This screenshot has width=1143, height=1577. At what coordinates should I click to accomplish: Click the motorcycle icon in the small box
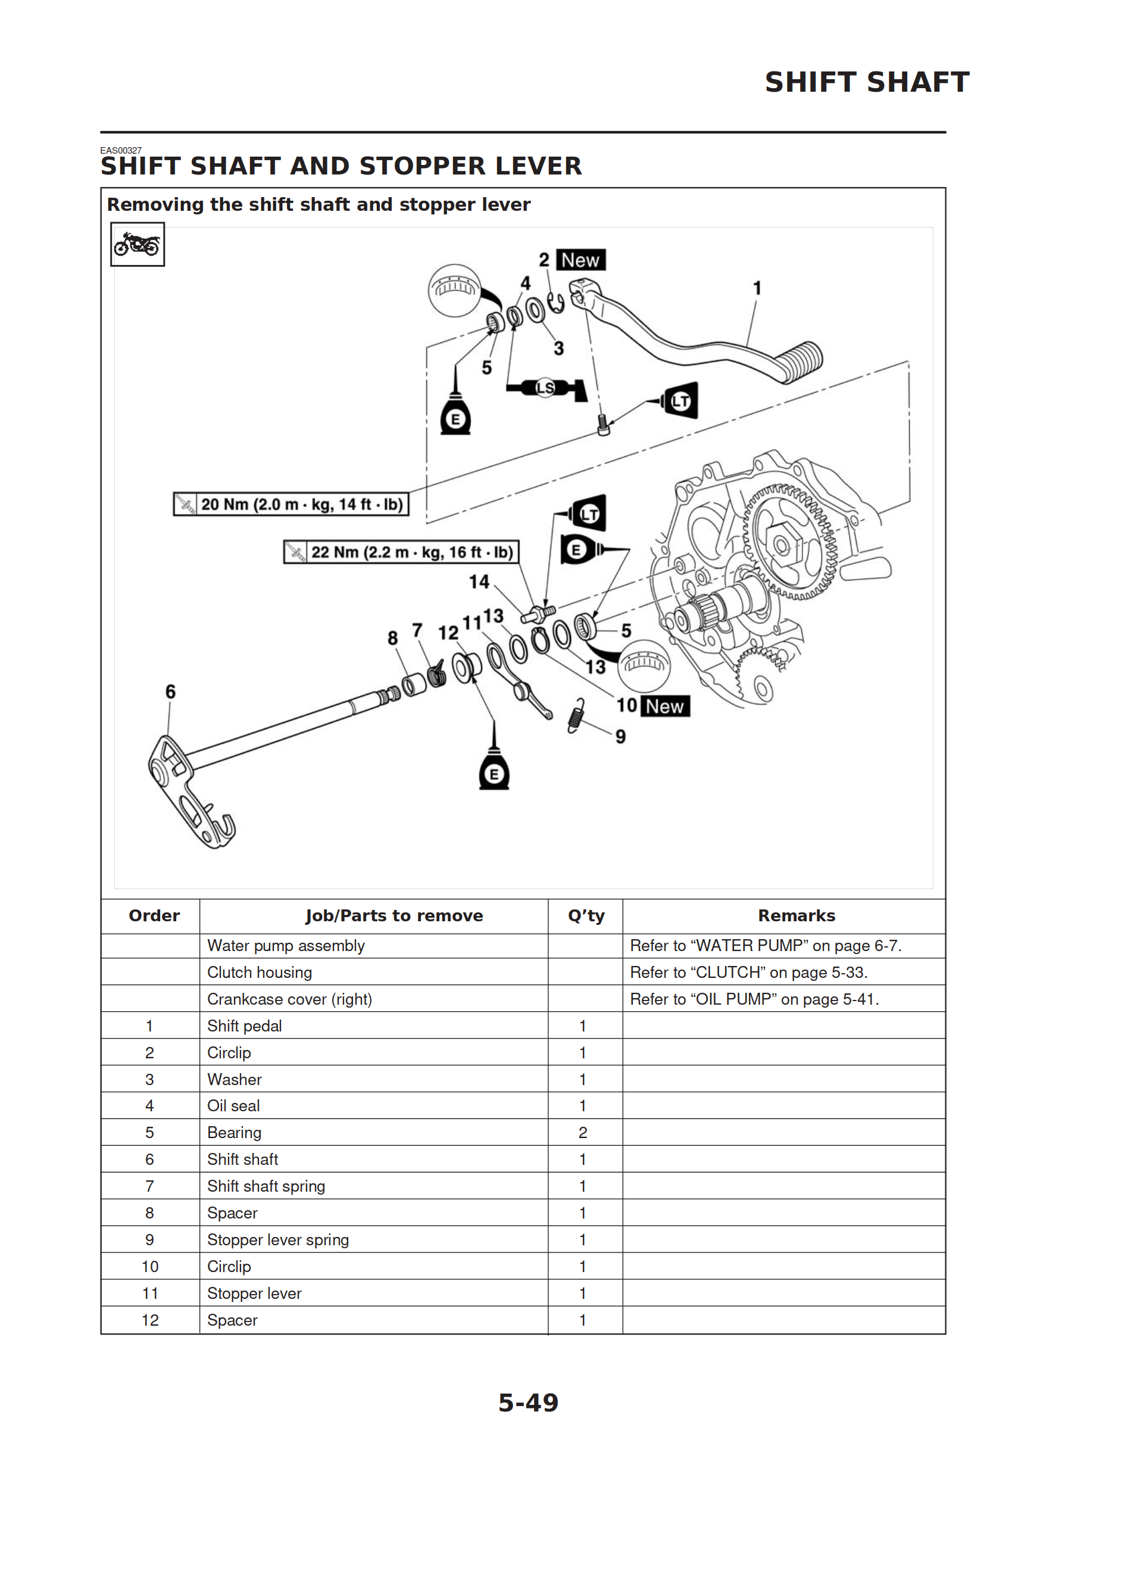pos(137,244)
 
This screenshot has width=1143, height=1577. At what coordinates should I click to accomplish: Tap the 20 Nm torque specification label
pos(291,504)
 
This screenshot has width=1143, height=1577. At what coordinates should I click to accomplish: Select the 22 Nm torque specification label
pos(401,552)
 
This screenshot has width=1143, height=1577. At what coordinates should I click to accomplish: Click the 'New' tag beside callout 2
pos(580,260)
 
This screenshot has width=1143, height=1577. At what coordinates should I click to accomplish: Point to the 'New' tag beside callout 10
pos(664,706)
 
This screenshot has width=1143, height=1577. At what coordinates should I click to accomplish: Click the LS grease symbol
pos(546,388)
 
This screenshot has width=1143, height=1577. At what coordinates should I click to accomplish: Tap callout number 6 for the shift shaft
pos(170,691)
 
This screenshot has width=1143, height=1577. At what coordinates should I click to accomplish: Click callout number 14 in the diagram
pos(479,581)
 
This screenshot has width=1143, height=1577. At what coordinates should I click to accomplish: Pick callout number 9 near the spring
pos(620,736)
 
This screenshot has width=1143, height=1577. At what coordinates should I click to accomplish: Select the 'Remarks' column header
pos(796,916)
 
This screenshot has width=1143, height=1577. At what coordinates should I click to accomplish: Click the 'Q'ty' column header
pos(585,916)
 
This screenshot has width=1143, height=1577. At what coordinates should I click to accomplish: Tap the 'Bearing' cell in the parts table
pos(235,1133)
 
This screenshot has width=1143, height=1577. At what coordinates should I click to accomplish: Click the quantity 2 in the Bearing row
pos(583,1133)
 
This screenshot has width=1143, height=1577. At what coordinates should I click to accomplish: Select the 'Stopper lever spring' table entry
pos(278,1240)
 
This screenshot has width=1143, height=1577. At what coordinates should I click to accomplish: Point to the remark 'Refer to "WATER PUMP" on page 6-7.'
pos(766,946)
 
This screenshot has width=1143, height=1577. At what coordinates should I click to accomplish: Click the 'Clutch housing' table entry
pos(260,972)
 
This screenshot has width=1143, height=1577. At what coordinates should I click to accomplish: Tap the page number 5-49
pos(529,1403)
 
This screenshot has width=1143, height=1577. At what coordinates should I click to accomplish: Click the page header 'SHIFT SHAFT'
pos(866,82)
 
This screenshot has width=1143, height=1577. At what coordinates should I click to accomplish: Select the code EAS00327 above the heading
pos(121,150)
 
